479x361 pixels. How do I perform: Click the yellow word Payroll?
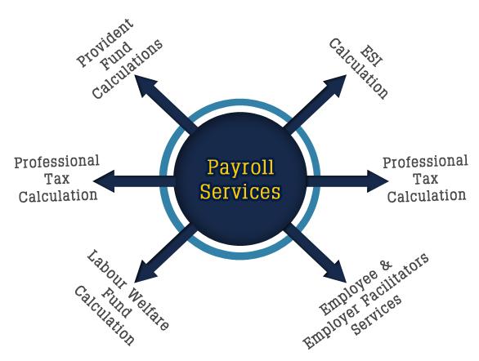coord(240,167)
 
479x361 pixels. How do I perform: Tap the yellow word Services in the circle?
coord(240,192)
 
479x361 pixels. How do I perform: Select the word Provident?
coord(105,42)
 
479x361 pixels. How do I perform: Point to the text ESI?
coord(371,56)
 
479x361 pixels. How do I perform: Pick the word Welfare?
coord(149,309)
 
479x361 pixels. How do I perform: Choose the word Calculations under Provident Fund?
coord(128,69)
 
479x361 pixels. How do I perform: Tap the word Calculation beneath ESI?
coord(358,69)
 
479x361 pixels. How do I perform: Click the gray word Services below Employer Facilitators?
coord(376,315)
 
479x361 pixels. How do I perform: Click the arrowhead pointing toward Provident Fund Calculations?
coord(146,86)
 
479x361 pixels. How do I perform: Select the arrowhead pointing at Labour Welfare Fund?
coord(146,271)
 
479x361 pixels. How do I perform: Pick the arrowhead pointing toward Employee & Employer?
coord(335,271)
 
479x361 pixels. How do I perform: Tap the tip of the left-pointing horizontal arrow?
coord(93,181)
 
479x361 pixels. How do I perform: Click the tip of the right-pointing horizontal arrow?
coord(389,181)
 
